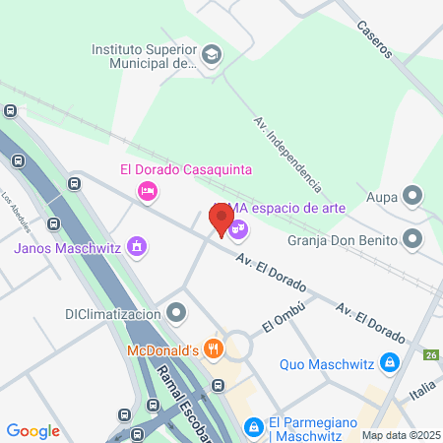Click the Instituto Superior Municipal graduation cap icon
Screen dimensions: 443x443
[212, 56]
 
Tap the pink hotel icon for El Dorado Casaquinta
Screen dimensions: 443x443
[148, 190]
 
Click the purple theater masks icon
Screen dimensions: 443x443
[238, 228]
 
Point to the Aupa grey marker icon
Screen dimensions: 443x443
[411, 198]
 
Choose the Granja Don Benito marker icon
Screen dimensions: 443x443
[411, 238]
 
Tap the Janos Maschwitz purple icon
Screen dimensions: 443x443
[138, 246]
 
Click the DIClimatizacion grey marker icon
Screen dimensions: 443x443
[176, 315]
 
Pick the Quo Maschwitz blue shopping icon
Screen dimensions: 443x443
[390, 363]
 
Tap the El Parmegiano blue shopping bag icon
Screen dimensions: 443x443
[254, 425]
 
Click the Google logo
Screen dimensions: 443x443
[32, 430]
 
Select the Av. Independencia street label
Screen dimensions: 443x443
[287, 154]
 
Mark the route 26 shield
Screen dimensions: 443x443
[430, 355]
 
